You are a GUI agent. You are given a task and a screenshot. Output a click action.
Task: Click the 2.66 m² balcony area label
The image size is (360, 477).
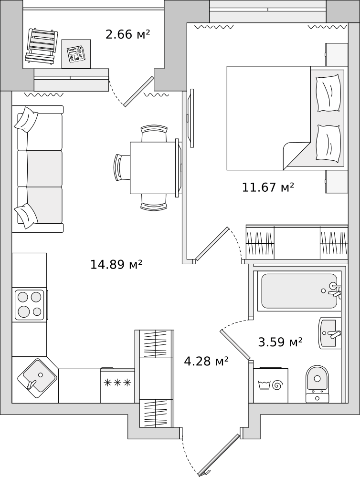point(128,34)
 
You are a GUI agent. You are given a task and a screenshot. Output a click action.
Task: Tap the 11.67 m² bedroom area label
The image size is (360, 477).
point(268,187)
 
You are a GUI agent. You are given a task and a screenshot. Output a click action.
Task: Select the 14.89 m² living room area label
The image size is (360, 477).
point(116,264)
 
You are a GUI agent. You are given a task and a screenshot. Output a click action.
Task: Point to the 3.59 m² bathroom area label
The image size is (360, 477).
point(280,342)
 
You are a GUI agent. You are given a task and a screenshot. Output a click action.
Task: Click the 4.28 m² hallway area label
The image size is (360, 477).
point(206,361)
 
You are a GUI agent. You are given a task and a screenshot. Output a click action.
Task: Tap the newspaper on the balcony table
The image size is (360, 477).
point(75,54)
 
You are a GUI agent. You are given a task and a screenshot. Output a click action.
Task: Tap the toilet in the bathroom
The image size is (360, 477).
point(318,384)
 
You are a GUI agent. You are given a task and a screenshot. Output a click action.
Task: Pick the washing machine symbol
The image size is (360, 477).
point(270,385)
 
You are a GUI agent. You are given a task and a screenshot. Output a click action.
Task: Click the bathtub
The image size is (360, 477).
point(300,291)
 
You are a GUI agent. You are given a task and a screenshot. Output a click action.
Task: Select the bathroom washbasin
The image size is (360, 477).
point(330,333)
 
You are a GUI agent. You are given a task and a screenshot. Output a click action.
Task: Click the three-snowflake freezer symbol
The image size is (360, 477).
point(117,383)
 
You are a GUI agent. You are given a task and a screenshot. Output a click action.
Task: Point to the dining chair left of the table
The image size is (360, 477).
point(122,167)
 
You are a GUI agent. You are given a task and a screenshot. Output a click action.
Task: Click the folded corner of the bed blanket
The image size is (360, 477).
point(296,156)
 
